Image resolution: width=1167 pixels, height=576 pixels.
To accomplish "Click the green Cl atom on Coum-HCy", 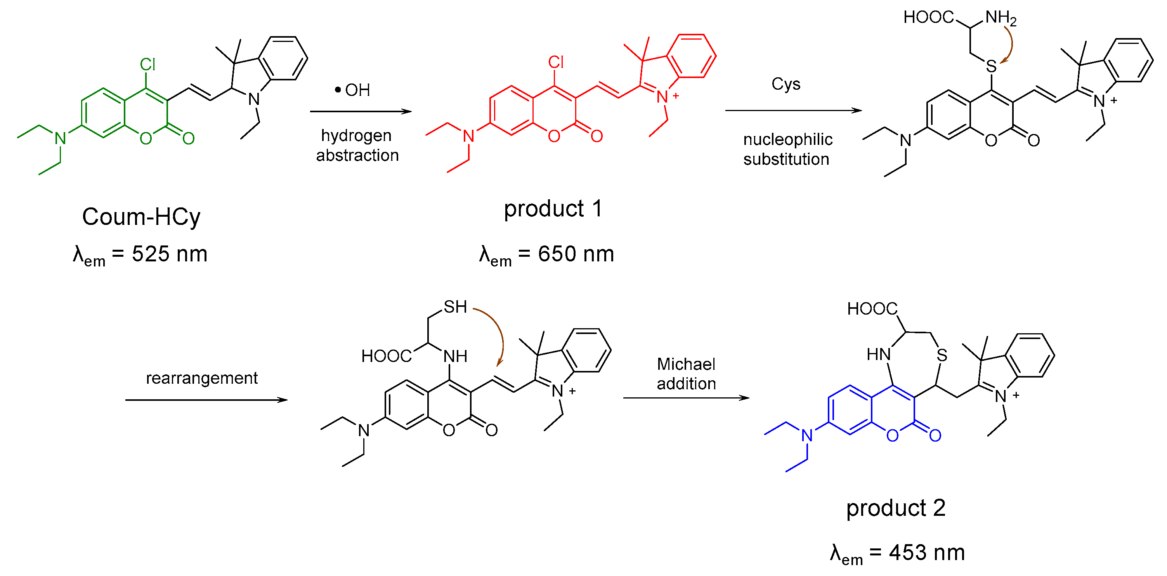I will [148, 64].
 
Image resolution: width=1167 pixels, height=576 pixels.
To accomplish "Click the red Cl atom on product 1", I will [556, 62].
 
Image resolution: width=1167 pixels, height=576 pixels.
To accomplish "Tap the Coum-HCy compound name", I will [141, 217].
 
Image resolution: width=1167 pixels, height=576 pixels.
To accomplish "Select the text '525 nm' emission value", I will [170, 254].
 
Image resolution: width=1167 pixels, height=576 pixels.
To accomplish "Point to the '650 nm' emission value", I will [576, 254].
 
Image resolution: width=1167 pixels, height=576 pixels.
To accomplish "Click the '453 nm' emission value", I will [926, 553].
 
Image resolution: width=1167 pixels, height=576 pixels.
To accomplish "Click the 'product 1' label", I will [553, 209].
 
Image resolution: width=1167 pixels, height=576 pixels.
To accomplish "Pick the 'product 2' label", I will [896, 508].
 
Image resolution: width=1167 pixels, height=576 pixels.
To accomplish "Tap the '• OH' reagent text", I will [352, 90].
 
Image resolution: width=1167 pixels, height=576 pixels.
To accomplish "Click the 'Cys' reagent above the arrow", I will [786, 84].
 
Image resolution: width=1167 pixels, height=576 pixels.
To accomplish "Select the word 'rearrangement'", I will [201, 378].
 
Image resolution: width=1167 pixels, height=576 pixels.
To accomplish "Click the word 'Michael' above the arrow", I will [686, 364].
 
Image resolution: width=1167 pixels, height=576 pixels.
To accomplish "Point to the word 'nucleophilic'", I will [788, 139].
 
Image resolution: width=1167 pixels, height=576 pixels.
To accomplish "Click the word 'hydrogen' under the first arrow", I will [356, 135].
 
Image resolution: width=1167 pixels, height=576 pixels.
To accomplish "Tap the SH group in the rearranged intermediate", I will [455, 307].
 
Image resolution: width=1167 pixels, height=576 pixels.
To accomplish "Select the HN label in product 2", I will [878, 354].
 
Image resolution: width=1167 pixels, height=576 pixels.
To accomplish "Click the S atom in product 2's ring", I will [942, 355].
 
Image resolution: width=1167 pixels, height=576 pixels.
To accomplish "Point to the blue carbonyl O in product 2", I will [935, 435].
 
